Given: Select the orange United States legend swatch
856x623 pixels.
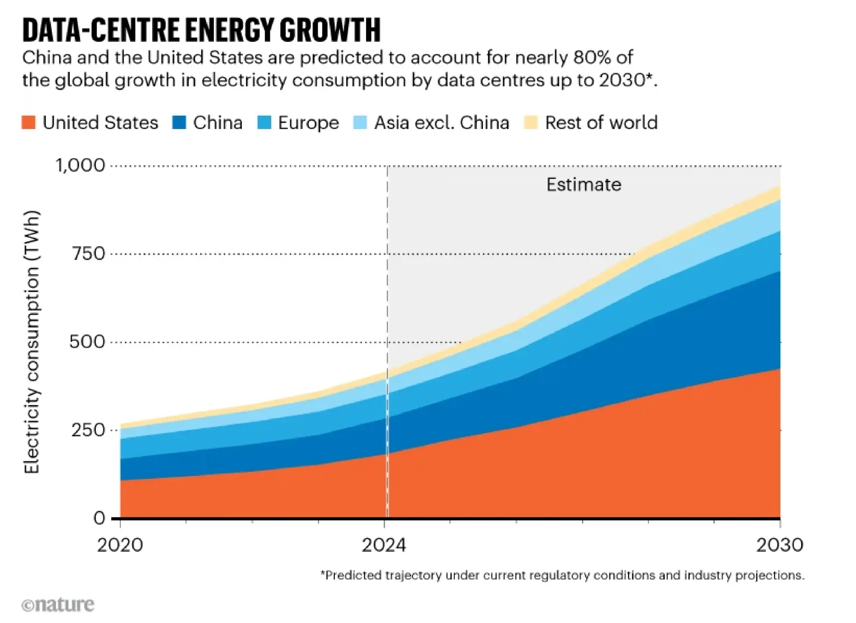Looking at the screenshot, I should [x=29, y=123].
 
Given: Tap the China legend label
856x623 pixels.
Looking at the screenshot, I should [x=217, y=123].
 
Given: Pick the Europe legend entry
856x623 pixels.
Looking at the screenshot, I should [x=308, y=123].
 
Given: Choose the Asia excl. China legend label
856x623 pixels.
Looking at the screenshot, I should [x=441, y=123].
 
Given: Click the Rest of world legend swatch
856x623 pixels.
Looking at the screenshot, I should [x=531, y=123].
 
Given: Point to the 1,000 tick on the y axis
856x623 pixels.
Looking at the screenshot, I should [x=80, y=165].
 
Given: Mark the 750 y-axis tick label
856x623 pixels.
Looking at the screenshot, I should [x=88, y=254].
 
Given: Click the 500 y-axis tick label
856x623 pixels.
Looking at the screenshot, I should [x=87, y=342].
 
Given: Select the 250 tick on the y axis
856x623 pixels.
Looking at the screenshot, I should [x=88, y=430].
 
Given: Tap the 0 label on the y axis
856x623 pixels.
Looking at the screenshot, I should [x=99, y=518].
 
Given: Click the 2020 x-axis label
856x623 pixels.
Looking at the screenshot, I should [x=120, y=545].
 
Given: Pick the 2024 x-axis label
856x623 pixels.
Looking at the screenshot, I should [x=384, y=545].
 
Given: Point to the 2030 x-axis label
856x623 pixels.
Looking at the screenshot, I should [x=780, y=545].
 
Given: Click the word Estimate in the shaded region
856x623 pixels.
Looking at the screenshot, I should [x=584, y=185].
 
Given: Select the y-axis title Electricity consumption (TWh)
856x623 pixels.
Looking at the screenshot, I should [x=31, y=342].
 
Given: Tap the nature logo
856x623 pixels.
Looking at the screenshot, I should [x=58, y=605].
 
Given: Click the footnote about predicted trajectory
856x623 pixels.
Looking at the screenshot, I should [x=562, y=576].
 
